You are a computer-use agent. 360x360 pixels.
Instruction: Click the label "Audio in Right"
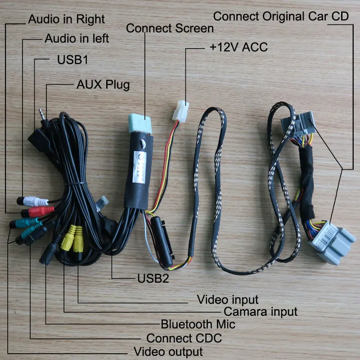click(66, 19)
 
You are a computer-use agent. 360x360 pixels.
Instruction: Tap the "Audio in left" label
click(76, 39)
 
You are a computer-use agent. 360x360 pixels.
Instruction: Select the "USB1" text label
click(72, 60)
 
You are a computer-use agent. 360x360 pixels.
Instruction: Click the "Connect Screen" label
click(170, 29)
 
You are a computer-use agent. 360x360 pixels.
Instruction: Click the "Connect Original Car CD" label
click(281, 17)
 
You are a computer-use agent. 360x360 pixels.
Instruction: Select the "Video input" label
click(228, 299)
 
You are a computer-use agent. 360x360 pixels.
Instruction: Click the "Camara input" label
click(261, 311)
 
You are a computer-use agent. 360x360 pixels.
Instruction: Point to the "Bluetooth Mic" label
click(198, 324)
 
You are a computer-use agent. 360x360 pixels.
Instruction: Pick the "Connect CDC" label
click(184, 338)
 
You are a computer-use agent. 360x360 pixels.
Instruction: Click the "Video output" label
click(169, 351)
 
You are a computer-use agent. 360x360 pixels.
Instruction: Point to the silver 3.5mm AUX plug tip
click(43, 112)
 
